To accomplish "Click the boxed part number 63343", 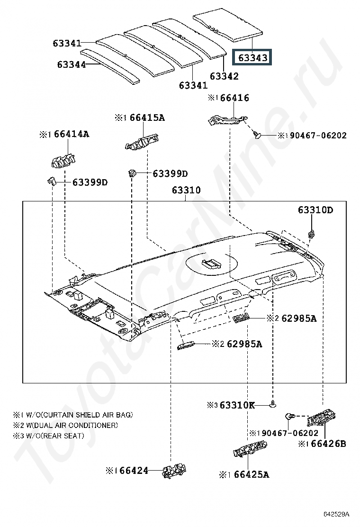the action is (252, 57).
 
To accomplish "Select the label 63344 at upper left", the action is (72, 64).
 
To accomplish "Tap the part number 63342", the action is (224, 76).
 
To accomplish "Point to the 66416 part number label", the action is (235, 98).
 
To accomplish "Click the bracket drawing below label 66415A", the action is (142, 142).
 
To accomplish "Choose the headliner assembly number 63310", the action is (186, 190).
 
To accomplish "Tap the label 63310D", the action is (315, 210).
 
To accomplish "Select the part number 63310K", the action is (237, 405).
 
